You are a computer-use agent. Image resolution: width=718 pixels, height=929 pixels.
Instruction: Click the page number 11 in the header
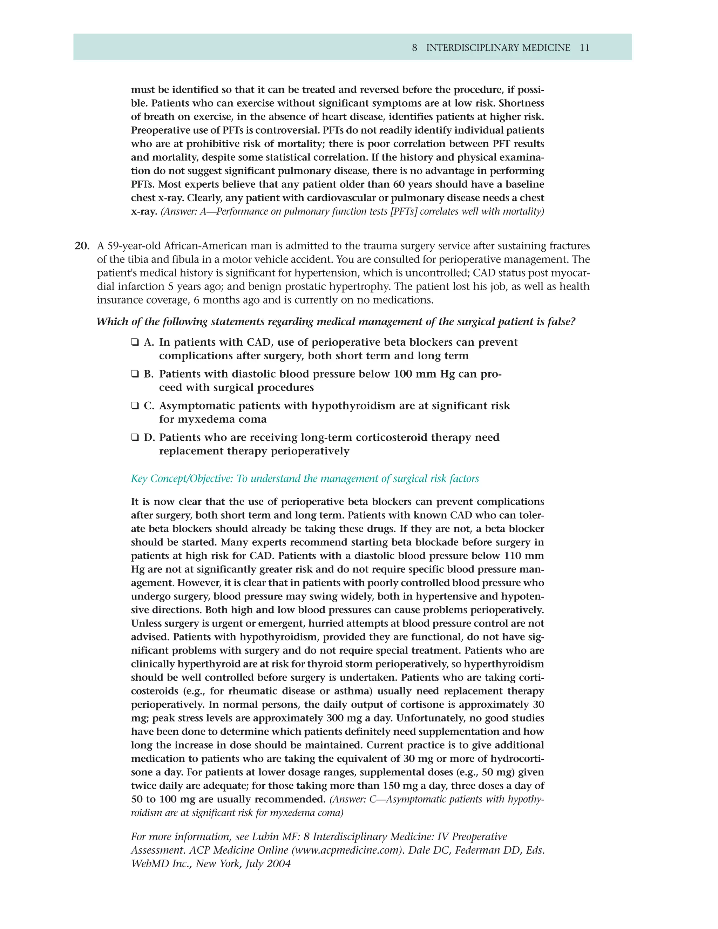click(584, 48)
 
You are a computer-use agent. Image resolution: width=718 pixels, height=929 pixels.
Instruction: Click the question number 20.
click(82, 246)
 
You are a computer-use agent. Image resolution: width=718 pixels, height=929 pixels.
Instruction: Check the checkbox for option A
click(135, 342)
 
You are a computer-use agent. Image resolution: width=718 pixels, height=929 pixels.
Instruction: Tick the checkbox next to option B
click(135, 374)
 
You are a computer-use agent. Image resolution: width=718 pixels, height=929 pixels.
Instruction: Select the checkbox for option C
click(135, 406)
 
